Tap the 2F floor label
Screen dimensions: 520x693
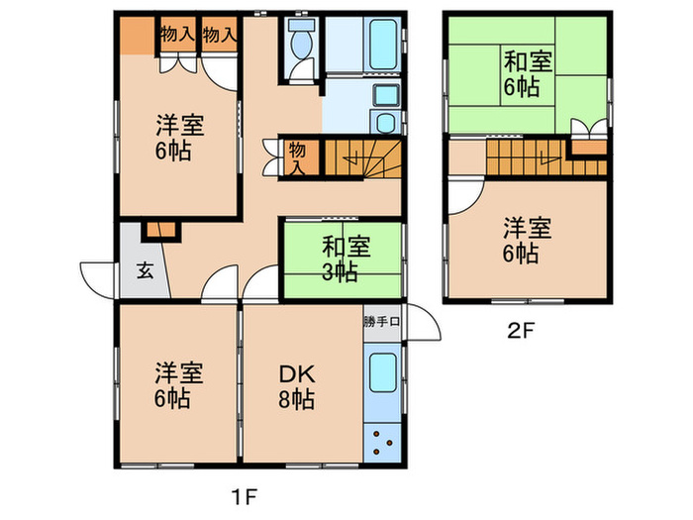522,331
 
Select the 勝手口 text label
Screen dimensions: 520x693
382,321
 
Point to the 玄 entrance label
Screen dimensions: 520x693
145,268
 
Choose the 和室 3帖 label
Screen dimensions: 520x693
339,259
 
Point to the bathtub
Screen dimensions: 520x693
381,44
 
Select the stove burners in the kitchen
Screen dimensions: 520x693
382,442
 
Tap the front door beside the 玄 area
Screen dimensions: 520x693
99,276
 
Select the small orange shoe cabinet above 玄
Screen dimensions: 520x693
159,231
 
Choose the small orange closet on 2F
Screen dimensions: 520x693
589,146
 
